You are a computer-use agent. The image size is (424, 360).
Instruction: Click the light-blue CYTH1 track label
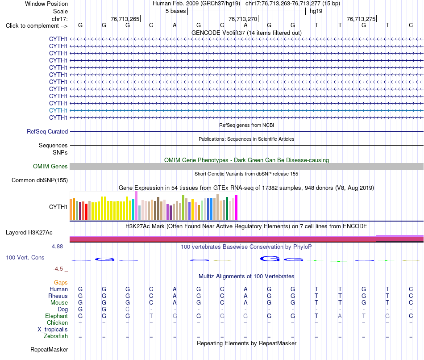click(58, 110)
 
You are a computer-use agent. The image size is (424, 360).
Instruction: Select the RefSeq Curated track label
click(47, 132)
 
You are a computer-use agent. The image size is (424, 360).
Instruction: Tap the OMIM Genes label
click(50, 167)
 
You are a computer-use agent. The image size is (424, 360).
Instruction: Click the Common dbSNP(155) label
click(40, 180)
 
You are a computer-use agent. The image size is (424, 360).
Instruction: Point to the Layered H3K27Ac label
click(29, 233)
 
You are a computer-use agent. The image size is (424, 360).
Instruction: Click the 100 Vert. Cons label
click(25, 257)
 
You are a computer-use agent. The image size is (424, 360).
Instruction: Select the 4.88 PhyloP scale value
click(57, 247)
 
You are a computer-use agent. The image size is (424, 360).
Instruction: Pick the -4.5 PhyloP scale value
click(58, 269)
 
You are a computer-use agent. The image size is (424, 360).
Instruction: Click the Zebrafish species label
click(56, 336)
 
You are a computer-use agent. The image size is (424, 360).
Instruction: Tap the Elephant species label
click(57, 316)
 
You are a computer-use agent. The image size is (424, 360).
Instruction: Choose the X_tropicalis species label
click(53, 330)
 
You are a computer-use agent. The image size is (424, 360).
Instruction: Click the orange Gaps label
click(61, 283)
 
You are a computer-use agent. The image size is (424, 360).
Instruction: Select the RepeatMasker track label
click(49, 349)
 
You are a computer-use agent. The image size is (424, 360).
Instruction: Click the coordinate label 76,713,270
click(243, 19)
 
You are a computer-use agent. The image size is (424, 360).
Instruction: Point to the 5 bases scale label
click(176, 11)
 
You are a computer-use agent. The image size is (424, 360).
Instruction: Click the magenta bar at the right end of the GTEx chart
click(237, 208)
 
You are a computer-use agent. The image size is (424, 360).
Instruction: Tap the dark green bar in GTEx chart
click(227, 209)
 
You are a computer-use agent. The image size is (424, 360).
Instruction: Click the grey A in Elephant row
click(340, 316)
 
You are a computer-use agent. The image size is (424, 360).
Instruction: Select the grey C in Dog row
click(128, 309)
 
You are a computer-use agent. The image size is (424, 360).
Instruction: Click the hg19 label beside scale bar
click(316, 11)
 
